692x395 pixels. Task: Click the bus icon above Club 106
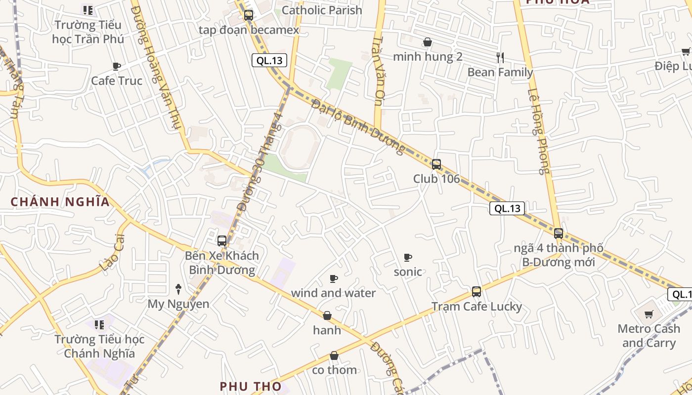click(x=436, y=164)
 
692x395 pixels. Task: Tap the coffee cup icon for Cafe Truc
click(x=117, y=66)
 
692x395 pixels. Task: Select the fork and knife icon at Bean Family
click(x=500, y=58)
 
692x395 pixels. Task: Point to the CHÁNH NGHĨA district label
click(x=60, y=202)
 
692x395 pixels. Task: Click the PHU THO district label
click(x=251, y=386)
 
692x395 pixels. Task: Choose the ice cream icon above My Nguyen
click(x=178, y=289)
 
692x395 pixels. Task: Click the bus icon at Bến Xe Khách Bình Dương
click(x=222, y=241)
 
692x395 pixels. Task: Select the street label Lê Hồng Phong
click(x=538, y=131)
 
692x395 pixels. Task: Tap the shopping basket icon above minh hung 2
click(x=428, y=42)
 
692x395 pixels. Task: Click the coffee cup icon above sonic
click(x=408, y=257)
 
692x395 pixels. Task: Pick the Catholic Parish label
click(x=322, y=10)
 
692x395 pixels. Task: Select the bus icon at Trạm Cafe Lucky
click(x=476, y=292)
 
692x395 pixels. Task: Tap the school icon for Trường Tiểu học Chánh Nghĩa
click(x=99, y=325)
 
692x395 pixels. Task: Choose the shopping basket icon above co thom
click(x=334, y=355)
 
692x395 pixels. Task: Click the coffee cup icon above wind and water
click(x=334, y=279)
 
